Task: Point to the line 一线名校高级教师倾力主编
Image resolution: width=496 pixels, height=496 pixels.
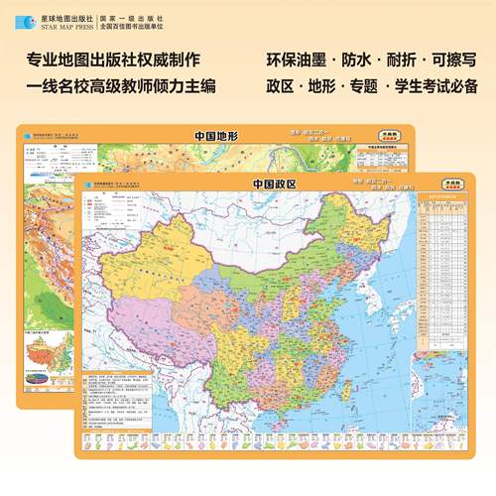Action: [x=118, y=87]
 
